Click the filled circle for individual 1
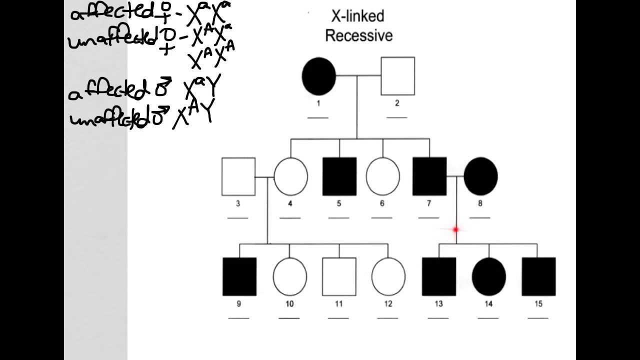coord(319,76)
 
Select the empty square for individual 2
coord(397,76)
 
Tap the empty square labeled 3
coord(238,176)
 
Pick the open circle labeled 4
coord(291,176)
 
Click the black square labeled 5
coord(339,176)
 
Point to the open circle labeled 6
coord(383,176)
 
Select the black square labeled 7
coord(429,176)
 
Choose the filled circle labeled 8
coord(481,176)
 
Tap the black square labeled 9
coord(239,276)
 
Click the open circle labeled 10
coord(289,276)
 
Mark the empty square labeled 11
coord(339,276)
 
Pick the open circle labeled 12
coord(388,276)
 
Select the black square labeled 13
coord(439,276)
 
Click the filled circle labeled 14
coord(489,276)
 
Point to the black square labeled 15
coord(538,276)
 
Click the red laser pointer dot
coord(456,230)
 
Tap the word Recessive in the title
coord(358,36)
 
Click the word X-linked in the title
coord(358,16)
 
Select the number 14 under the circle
coord(488,303)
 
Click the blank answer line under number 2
coord(397,117)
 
